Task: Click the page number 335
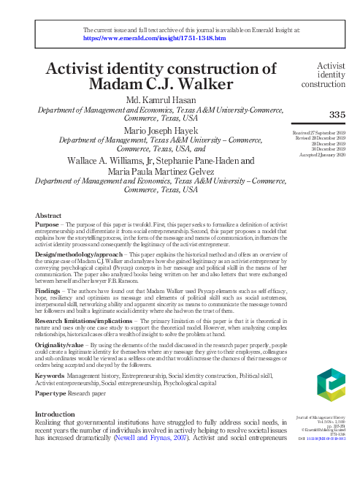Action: tap(337, 114)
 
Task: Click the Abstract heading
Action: tap(48, 216)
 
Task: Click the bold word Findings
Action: tap(48, 290)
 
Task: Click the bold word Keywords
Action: tap(50, 375)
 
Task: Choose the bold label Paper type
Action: tap(52, 392)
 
